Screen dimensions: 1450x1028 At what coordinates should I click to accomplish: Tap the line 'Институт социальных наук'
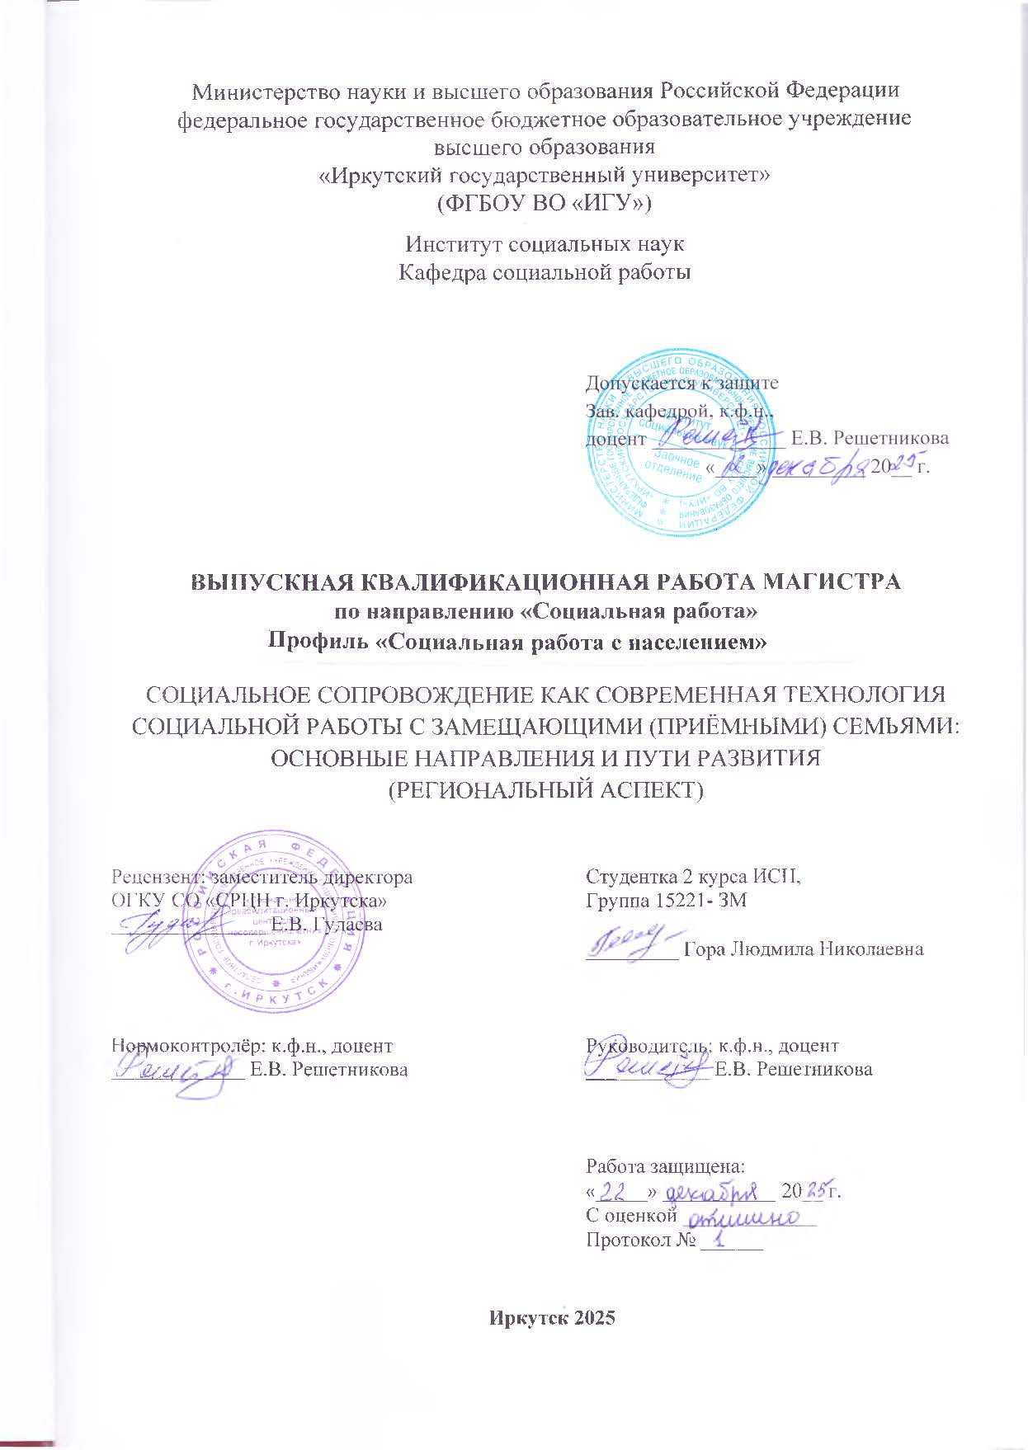point(545,245)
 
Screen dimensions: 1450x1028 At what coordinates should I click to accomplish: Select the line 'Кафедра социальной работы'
point(545,272)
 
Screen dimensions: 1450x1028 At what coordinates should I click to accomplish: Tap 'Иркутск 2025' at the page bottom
point(552,1318)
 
